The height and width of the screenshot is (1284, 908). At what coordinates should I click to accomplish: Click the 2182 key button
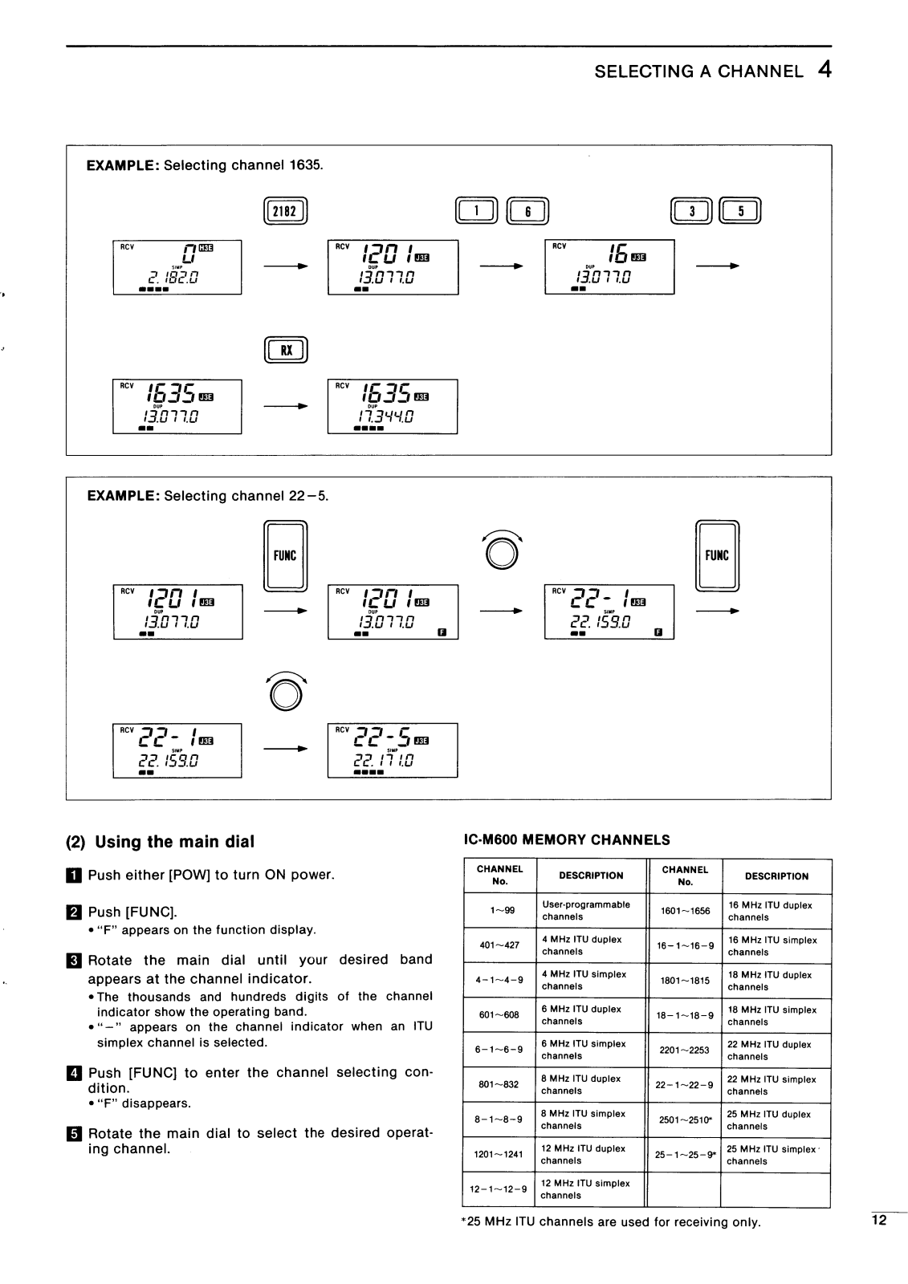285,211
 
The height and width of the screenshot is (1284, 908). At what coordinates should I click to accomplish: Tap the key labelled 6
527,211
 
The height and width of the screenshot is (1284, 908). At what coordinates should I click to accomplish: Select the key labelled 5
740,211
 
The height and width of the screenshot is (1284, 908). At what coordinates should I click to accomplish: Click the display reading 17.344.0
393,407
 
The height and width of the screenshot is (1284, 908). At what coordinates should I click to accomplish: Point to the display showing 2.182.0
177,267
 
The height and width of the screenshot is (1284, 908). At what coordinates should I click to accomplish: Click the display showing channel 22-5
393,750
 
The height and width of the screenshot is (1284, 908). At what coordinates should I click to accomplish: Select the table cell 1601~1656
685,911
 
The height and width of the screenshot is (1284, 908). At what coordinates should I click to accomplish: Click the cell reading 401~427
499,945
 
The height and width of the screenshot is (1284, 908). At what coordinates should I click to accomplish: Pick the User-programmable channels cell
590,911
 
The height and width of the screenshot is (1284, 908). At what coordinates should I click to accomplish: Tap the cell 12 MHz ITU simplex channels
590,1189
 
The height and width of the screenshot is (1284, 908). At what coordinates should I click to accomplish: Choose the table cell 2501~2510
685,1119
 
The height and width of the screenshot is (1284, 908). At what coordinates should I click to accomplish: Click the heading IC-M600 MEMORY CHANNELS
567,840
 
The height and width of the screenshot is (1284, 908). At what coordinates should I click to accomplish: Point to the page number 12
879,1221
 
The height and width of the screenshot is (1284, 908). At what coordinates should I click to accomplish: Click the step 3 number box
75,961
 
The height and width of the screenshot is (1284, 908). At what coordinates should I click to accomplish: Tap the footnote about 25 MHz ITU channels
610,1222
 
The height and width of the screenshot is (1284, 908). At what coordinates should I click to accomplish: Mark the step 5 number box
75,1134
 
